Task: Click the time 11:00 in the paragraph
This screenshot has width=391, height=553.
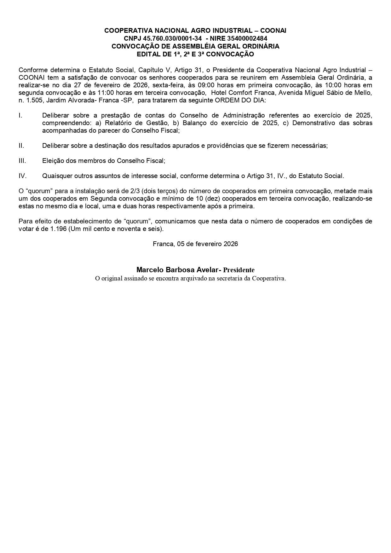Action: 103,93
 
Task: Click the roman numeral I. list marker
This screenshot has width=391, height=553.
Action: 20,115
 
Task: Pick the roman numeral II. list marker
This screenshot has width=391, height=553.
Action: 21,146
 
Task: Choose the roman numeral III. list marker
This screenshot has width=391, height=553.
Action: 22,161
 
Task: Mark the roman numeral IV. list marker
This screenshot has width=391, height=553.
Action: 22,176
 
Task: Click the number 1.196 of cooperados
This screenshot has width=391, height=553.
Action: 58,229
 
